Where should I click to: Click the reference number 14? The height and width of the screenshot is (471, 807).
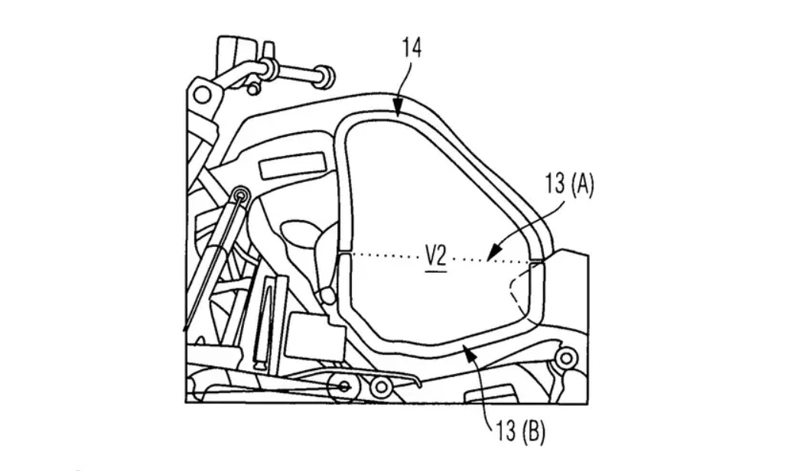tap(412, 47)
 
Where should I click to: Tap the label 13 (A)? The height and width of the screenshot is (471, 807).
tap(570, 184)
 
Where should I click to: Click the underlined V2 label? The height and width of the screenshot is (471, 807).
tap(435, 257)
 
